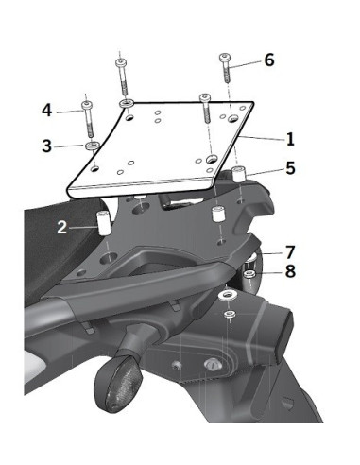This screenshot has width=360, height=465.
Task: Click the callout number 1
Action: point(290,139)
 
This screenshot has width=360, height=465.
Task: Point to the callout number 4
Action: point(46,111)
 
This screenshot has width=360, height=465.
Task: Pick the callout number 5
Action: point(290,168)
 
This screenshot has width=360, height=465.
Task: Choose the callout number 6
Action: point(269,60)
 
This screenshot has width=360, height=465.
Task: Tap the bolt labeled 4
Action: point(87,117)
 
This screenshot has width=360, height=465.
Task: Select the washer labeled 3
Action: point(92,147)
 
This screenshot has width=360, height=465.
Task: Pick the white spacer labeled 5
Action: point(240,175)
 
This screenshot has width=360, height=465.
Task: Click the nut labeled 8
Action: point(250,276)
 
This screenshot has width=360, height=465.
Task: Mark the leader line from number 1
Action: point(265,139)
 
